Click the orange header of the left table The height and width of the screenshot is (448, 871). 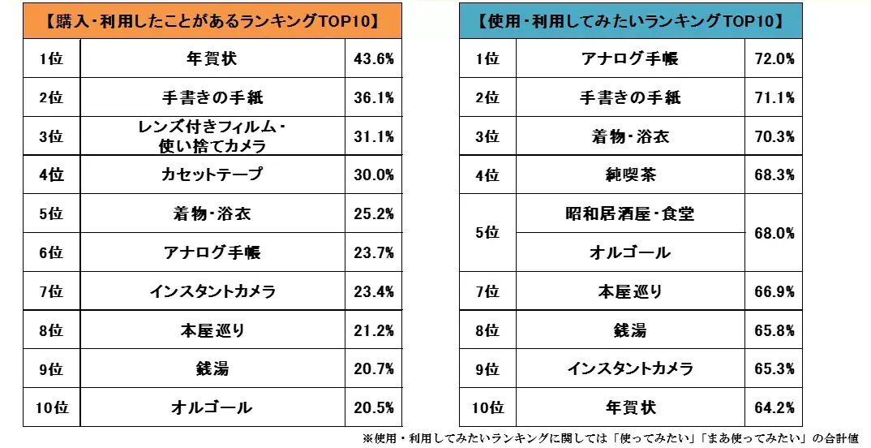click(x=212, y=20)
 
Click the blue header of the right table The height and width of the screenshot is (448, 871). click(x=630, y=20)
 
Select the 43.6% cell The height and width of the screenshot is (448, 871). click(x=374, y=58)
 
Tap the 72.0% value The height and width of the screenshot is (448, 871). click(x=774, y=58)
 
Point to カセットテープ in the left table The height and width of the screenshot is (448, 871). click(x=212, y=174)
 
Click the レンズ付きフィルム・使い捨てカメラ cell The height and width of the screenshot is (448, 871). click(x=212, y=136)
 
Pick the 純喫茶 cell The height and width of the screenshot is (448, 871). click(x=630, y=174)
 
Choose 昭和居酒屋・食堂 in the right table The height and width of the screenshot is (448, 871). click(x=630, y=214)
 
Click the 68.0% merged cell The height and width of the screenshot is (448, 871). click(x=774, y=233)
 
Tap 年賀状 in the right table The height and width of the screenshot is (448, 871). click(x=630, y=407)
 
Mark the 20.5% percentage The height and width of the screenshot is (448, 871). click(x=374, y=407)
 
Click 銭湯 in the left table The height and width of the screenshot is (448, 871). click(x=212, y=369)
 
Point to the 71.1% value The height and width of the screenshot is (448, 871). click(x=774, y=97)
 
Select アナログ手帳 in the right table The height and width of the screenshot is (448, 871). click(x=630, y=58)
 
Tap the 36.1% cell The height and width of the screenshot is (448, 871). click(x=374, y=97)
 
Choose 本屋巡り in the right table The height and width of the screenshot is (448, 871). click(x=630, y=291)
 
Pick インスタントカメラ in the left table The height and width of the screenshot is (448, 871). click(x=212, y=291)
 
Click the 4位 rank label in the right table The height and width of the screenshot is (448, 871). click(x=487, y=174)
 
